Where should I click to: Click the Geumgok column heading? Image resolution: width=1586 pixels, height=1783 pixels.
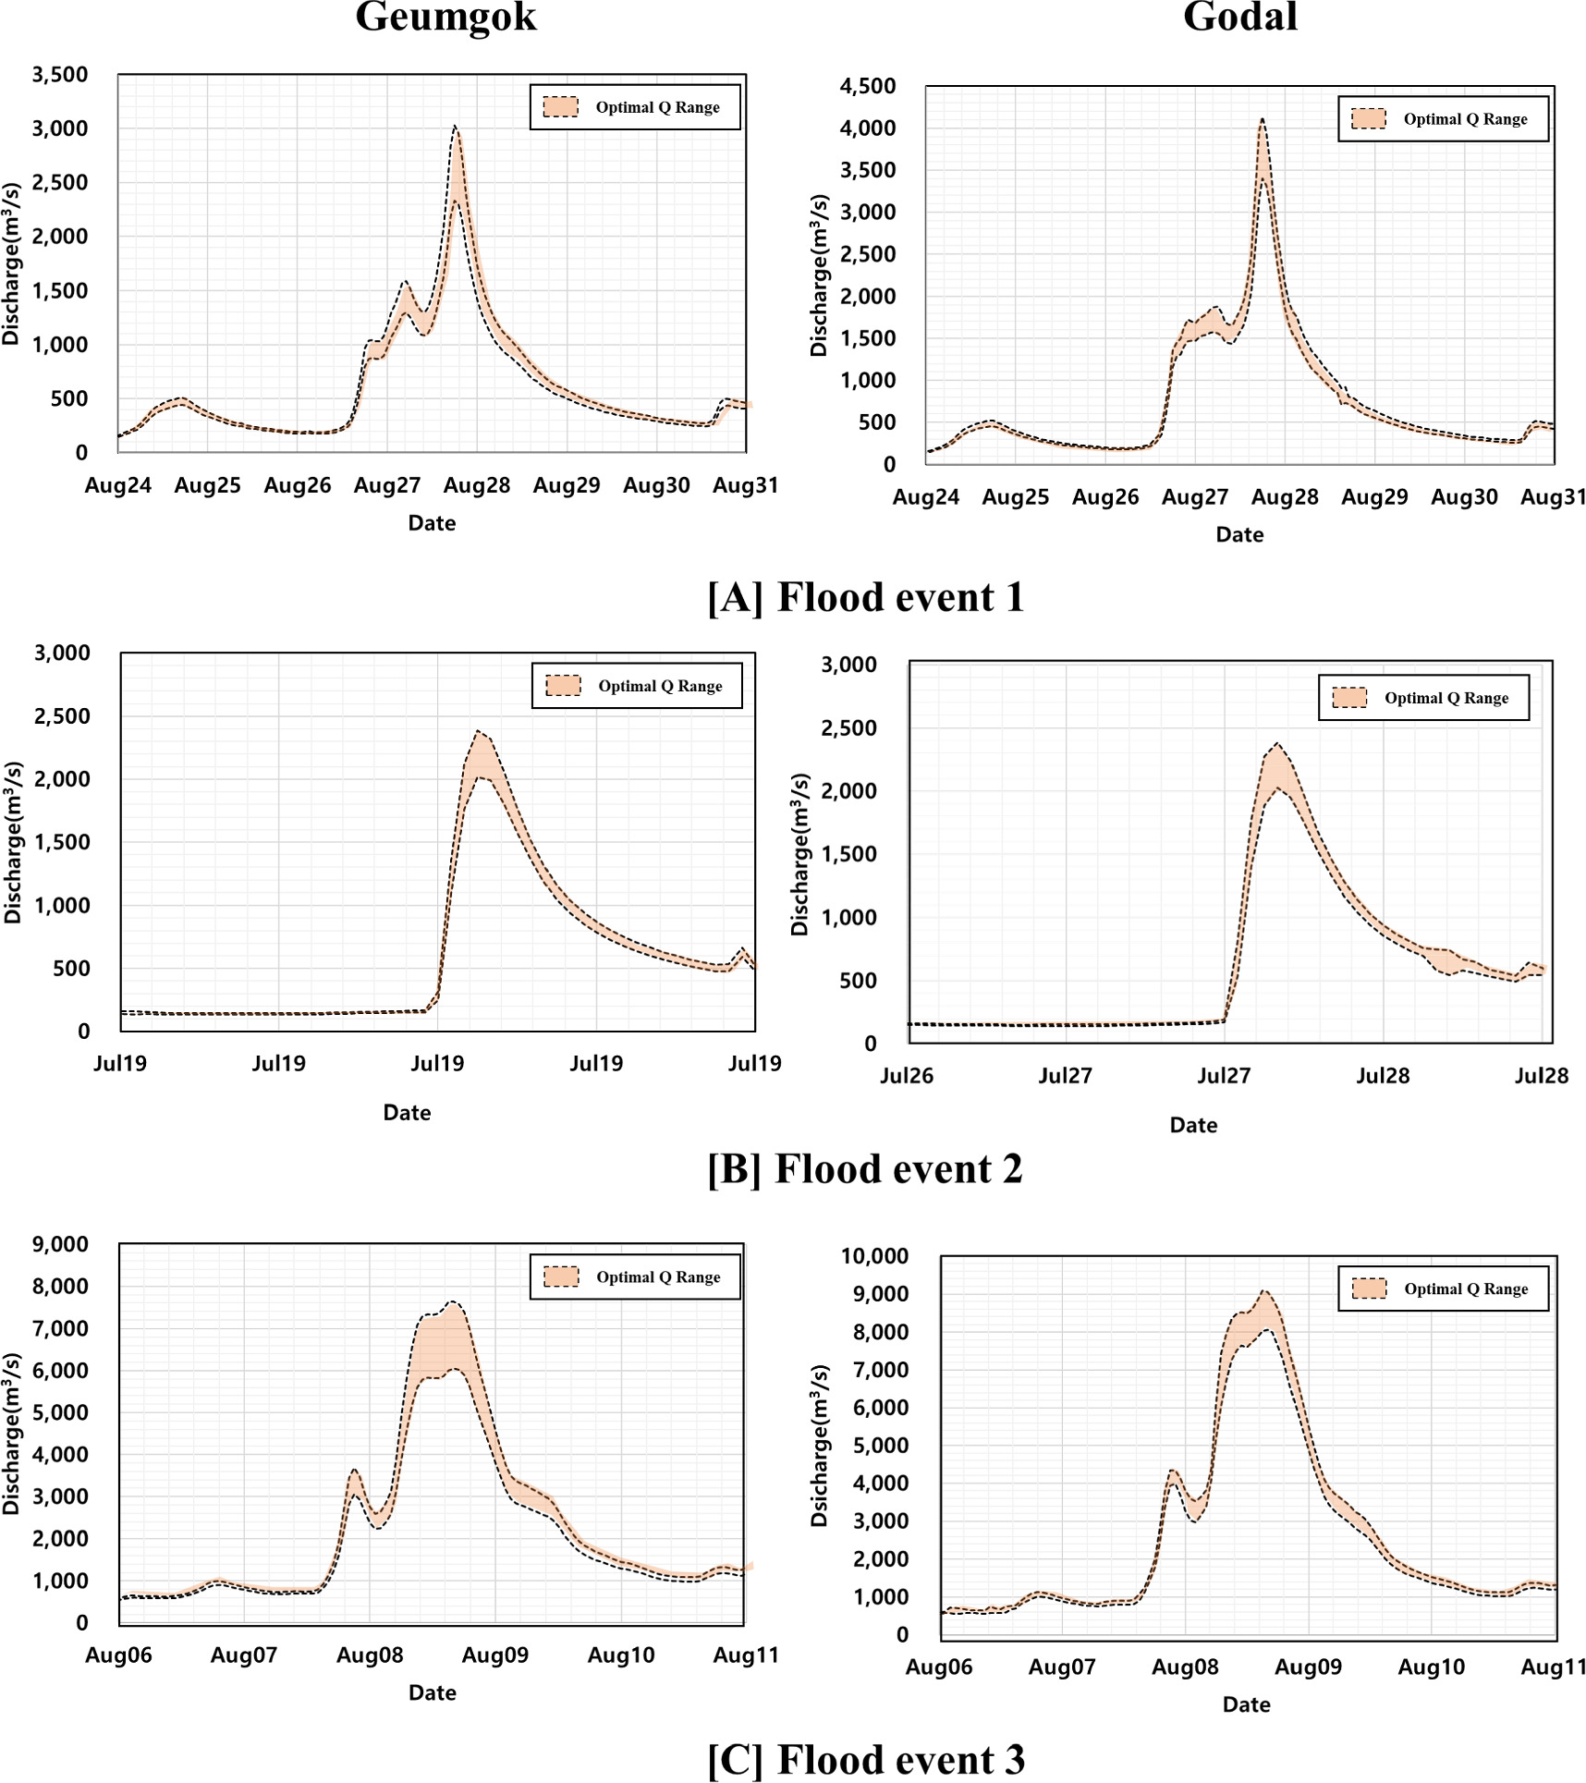pyautogui.click(x=445, y=17)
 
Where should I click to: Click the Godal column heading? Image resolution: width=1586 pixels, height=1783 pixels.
pyautogui.click(x=1239, y=17)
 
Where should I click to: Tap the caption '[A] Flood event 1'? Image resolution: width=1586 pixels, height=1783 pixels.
pyautogui.click(x=866, y=597)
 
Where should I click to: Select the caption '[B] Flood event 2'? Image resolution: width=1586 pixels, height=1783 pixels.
pyautogui.click(x=865, y=1168)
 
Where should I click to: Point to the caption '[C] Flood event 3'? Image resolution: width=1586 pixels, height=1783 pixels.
pyautogui.click(x=866, y=1759)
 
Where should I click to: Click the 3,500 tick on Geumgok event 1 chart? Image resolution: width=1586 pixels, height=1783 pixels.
pyautogui.click(x=60, y=75)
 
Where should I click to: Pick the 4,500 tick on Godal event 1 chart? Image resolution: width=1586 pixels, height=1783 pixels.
pyautogui.click(x=867, y=86)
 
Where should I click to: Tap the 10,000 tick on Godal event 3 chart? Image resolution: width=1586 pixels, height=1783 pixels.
pyautogui.click(x=873, y=1255)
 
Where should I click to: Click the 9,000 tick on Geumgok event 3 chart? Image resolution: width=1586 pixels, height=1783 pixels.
pyautogui.click(x=60, y=1243)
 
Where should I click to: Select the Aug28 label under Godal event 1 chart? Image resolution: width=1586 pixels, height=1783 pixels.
pyautogui.click(x=1284, y=497)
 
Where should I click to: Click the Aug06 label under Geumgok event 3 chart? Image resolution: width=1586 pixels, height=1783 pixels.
pyautogui.click(x=118, y=1655)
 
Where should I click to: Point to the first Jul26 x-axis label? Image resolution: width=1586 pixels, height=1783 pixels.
pyautogui.click(x=906, y=1076)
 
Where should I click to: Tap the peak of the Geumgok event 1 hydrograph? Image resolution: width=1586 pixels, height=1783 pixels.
pyautogui.click(x=455, y=127)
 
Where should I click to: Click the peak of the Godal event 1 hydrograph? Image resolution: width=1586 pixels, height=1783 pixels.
pyautogui.click(x=1262, y=119)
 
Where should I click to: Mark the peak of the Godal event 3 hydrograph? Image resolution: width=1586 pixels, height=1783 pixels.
pyautogui.click(x=1264, y=1291)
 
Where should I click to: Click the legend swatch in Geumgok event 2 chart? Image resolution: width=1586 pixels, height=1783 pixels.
pyautogui.click(x=563, y=686)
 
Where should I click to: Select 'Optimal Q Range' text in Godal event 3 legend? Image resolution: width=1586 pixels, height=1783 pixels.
pyautogui.click(x=1466, y=1288)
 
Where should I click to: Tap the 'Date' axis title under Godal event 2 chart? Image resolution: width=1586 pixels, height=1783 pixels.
pyautogui.click(x=1192, y=1125)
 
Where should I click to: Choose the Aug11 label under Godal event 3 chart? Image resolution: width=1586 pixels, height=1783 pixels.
pyautogui.click(x=1553, y=1667)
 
